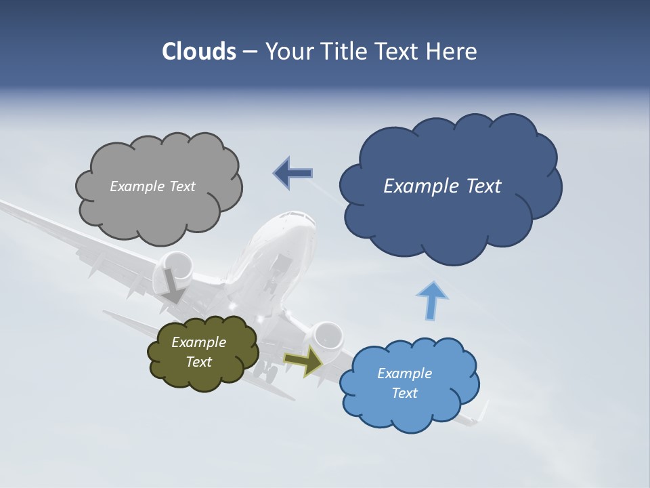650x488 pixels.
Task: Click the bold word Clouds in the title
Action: click(x=198, y=52)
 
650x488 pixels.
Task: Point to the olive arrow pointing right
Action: click(x=303, y=360)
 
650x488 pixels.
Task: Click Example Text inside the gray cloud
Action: click(x=152, y=186)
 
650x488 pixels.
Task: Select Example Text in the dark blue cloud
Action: click(x=442, y=186)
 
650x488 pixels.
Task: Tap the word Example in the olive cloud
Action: click(x=198, y=342)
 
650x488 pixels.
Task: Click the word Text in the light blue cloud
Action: click(x=404, y=393)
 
